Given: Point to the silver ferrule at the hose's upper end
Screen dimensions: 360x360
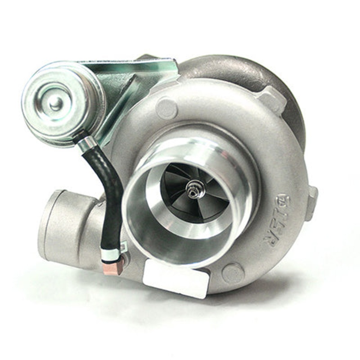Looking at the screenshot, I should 86,144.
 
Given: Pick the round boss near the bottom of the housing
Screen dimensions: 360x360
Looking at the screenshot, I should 233,273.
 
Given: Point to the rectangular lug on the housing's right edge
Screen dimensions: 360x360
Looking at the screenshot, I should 311,202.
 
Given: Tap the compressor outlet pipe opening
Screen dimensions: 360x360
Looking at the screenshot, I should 50,225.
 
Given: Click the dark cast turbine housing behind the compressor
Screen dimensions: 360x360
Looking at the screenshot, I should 252,72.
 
